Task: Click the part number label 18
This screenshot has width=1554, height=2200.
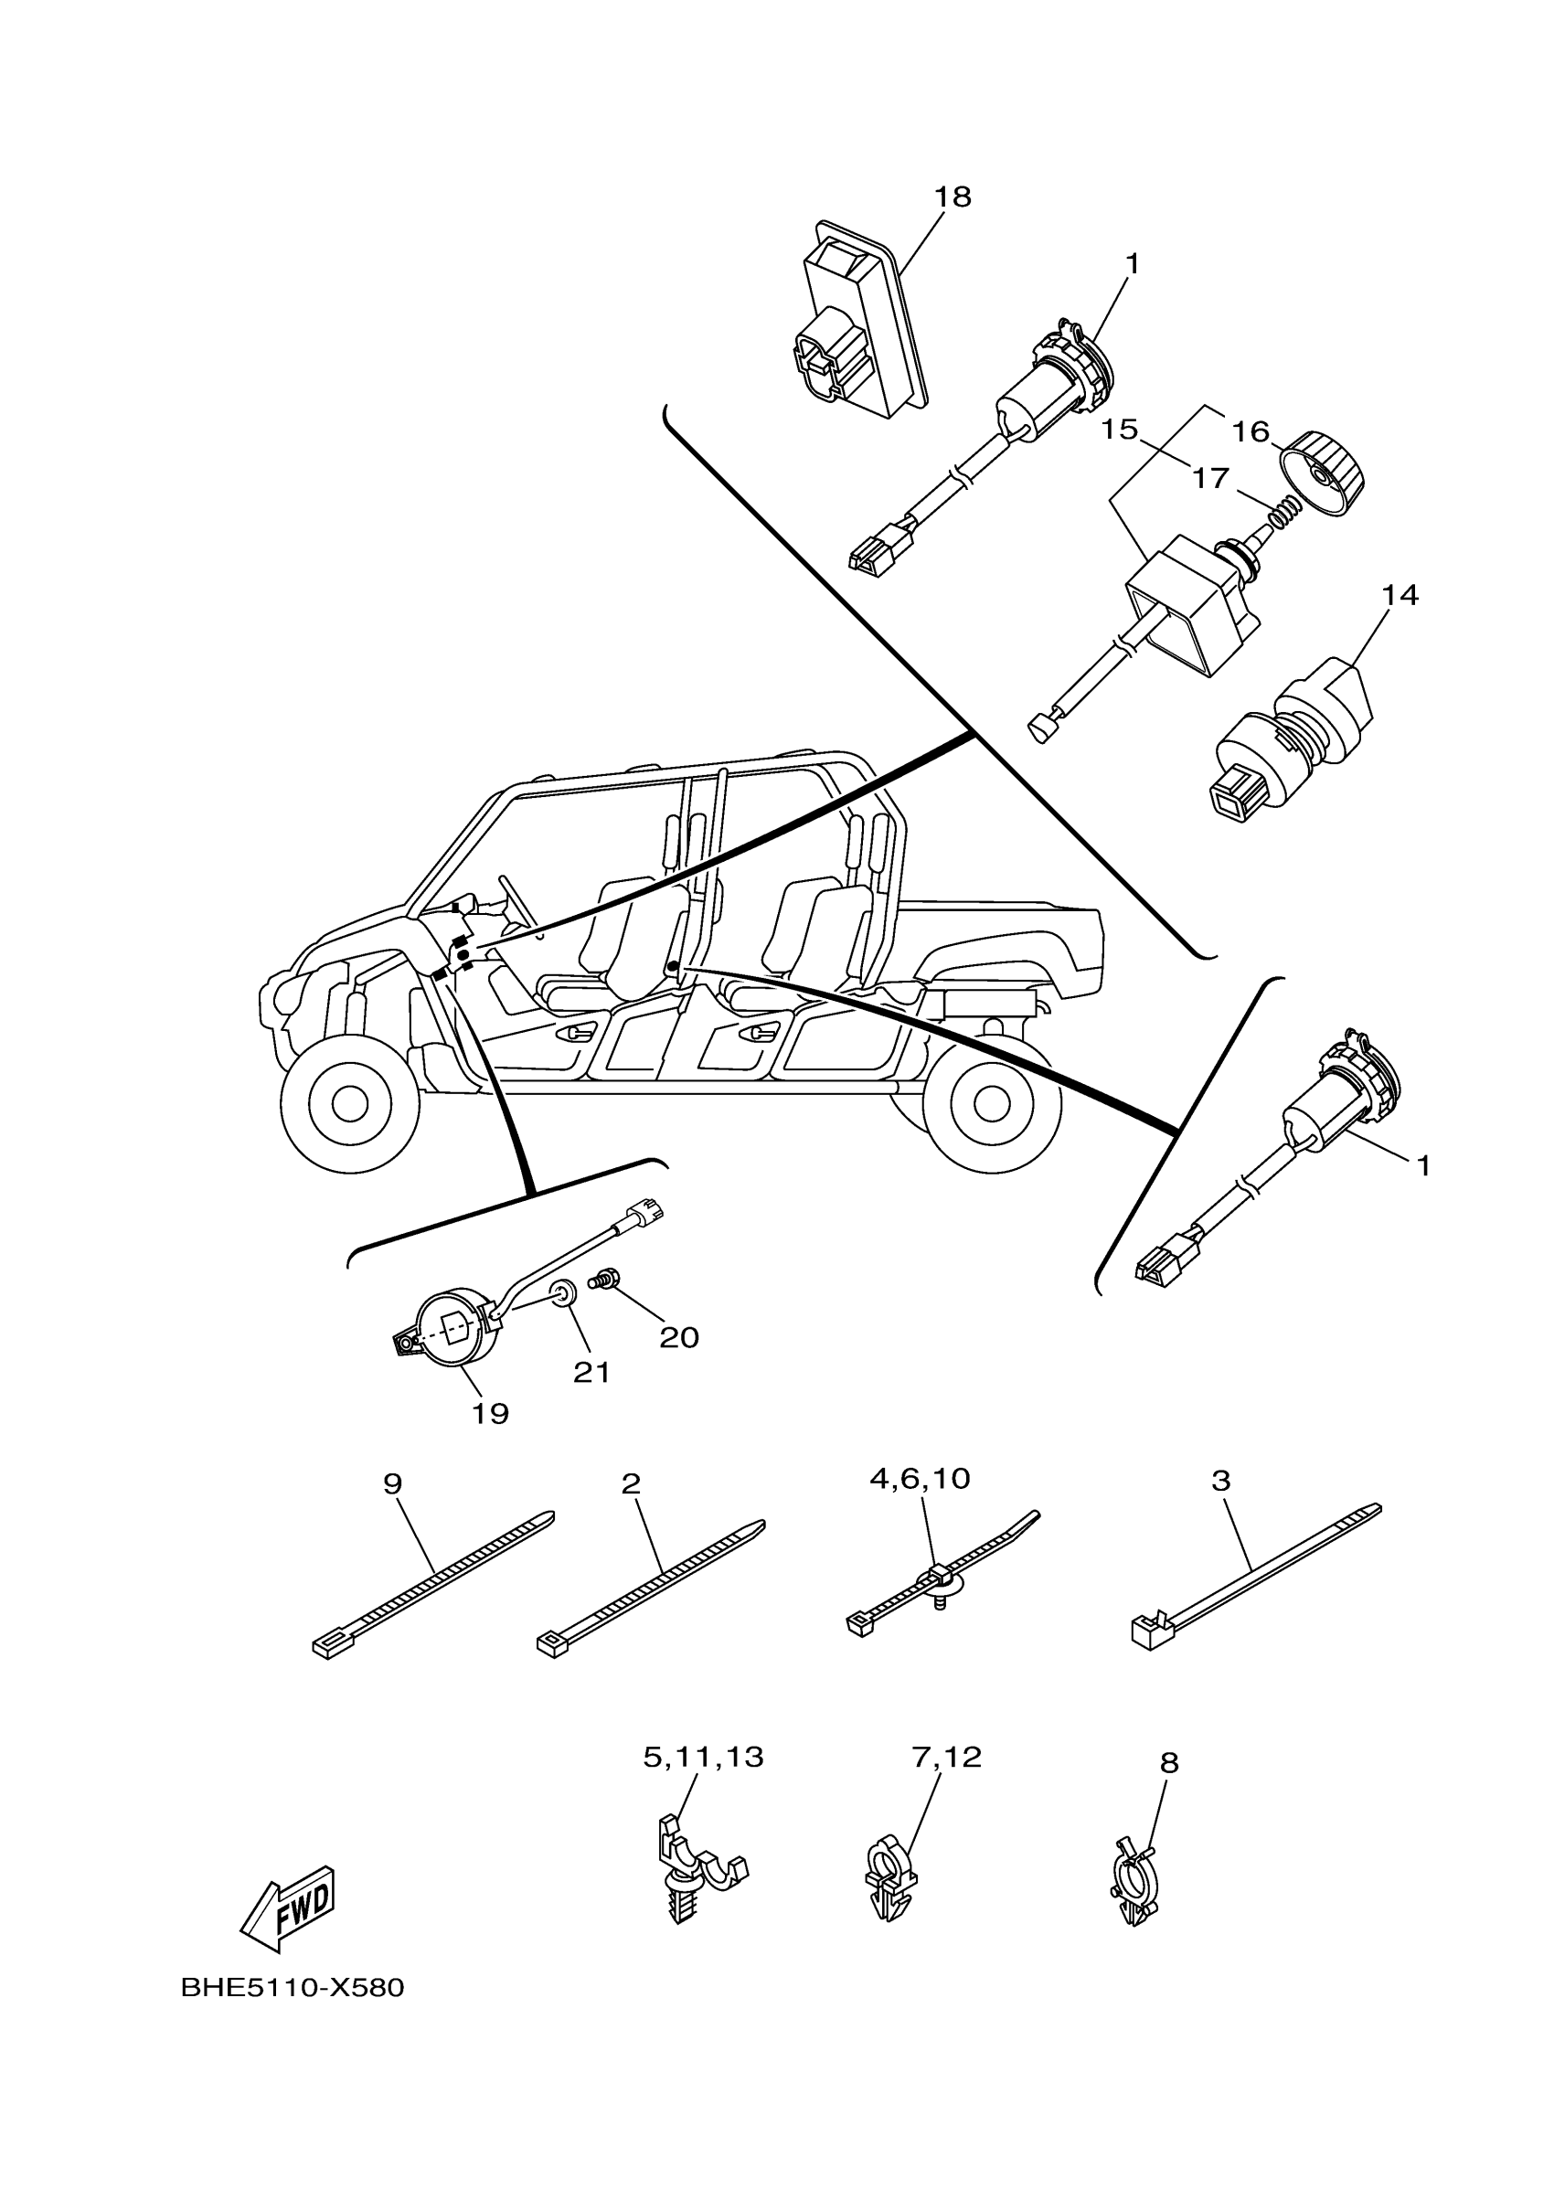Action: tap(953, 197)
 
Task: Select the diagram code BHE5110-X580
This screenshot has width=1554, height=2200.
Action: tap(293, 1988)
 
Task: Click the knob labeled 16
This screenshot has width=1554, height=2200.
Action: tap(1328, 473)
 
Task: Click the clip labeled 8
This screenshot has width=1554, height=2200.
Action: tap(1134, 1892)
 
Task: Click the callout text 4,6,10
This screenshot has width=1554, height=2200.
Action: tap(920, 1479)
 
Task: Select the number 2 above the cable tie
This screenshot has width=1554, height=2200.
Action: tap(631, 1484)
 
